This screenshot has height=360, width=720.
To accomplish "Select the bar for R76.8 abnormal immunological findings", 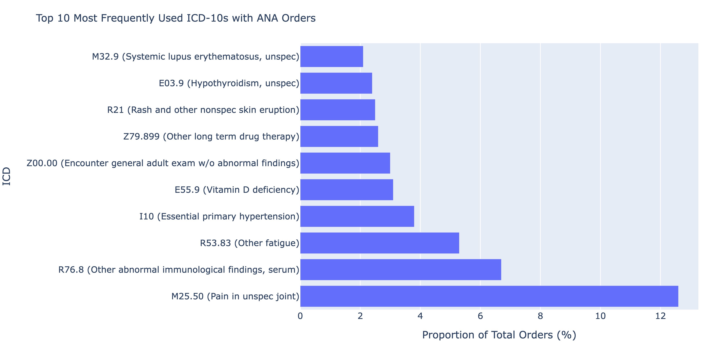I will click(x=400, y=269).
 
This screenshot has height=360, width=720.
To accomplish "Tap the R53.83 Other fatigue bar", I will click(x=380, y=243).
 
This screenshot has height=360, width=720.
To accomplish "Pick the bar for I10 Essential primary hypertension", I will click(x=357, y=216).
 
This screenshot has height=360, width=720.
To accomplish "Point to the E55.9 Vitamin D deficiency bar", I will click(x=346, y=190).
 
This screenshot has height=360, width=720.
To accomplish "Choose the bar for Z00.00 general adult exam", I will click(x=345, y=163).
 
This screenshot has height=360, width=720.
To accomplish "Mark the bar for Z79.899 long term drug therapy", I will click(x=339, y=136).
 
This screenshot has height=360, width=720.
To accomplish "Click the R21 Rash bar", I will click(x=338, y=110).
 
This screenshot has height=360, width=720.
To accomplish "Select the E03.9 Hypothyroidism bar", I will click(x=336, y=83).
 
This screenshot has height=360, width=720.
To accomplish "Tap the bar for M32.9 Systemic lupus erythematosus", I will click(x=332, y=57).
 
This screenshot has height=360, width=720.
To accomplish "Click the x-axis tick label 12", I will click(x=660, y=316).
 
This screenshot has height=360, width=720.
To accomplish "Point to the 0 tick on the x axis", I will click(x=300, y=316).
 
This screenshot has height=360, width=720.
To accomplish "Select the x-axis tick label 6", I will click(x=480, y=316).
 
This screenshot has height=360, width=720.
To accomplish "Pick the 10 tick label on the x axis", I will click(x=600, y=316).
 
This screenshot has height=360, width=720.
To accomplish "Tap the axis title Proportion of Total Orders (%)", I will click(x=499, y=335).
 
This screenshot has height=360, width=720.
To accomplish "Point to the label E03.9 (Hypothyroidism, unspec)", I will click(x=229, y=83).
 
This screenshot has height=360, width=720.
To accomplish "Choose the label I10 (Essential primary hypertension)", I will click(x=219, y=217).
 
